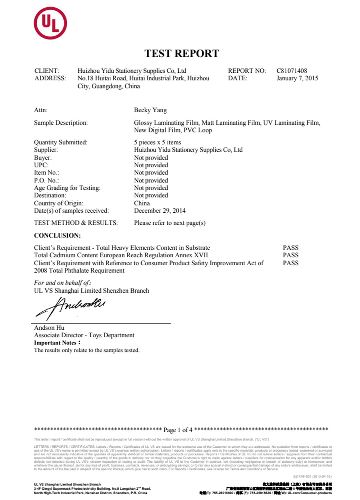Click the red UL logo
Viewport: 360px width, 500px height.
click(x=50, y=23)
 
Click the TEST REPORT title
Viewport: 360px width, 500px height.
click(x=182, y=54)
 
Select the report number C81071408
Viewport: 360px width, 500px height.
click(x=292, y=71)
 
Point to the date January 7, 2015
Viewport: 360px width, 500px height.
click(x=297, y=78)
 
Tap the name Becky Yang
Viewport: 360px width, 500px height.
click(x=150, y=110)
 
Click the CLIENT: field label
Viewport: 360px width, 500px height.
click(x=47, y=71)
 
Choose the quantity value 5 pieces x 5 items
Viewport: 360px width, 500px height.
click(x=158, y=143)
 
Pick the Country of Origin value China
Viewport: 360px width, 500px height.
click(x=142, y=203)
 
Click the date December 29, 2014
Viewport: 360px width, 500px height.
click(x=160, y=211)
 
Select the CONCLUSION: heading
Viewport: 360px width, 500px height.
click(x=57, y=236)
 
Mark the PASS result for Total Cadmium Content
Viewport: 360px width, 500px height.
click(x=291, y=255)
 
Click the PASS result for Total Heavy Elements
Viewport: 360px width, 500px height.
click(x=291, y=248)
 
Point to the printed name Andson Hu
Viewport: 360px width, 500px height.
click(x=49, y=328)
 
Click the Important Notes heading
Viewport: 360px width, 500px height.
click(x=57, y=343)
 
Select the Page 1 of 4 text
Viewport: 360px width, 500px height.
click(x=178, y=430)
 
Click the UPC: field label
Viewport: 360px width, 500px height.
click(x=41, y=165)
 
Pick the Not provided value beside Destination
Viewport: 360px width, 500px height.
click(x=151, y=195)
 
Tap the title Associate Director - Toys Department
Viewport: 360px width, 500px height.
click(x=84, y=335)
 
